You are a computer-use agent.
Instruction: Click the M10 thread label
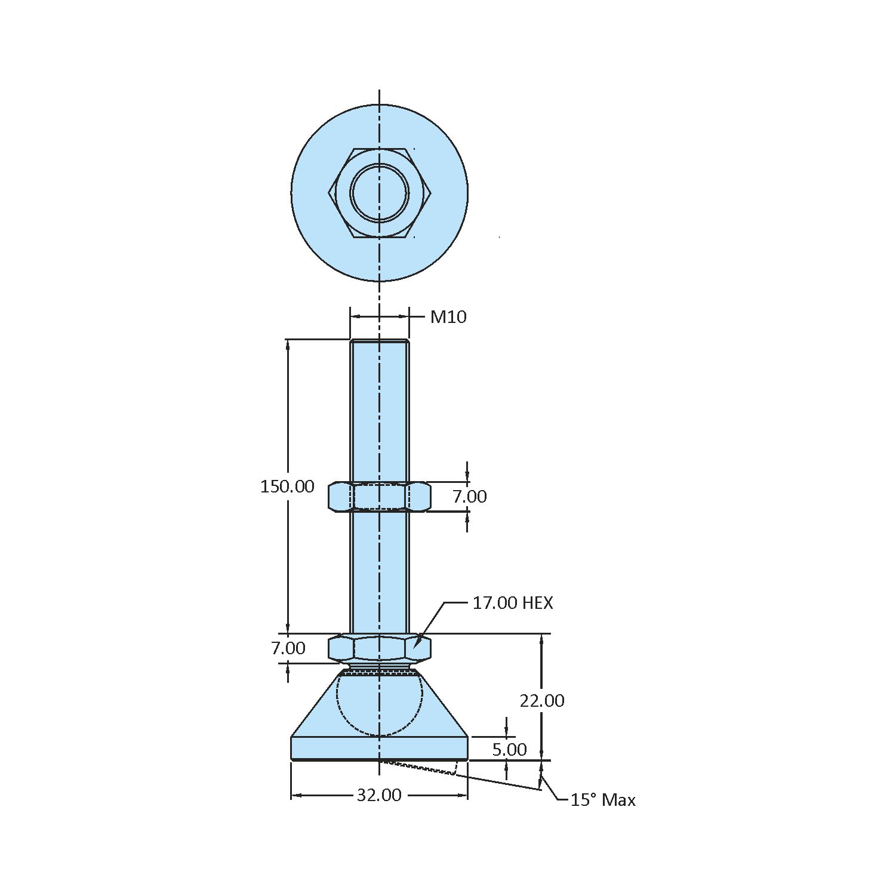tap(448, 317)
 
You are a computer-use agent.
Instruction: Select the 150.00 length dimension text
tap(287, 487)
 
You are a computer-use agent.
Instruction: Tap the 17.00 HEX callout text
tap(513, 603)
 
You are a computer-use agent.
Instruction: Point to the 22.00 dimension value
tap(542, 700)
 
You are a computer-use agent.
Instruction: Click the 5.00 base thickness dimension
tap(509, 750)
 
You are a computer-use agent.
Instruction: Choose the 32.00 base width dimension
tap(379, 795)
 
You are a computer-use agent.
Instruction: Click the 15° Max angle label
tap(603, 800)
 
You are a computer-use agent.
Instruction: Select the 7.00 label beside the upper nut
tap(470, 497)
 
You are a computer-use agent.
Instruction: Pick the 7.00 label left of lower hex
tap(288, 648)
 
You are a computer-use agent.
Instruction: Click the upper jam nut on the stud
tap(379, 497)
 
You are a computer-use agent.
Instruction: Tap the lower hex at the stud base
tap(379, 648)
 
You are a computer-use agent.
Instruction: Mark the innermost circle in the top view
tap(380, 193)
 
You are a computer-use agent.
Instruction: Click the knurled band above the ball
tap(380, 672)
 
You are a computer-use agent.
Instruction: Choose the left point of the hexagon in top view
tap(330, 193)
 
